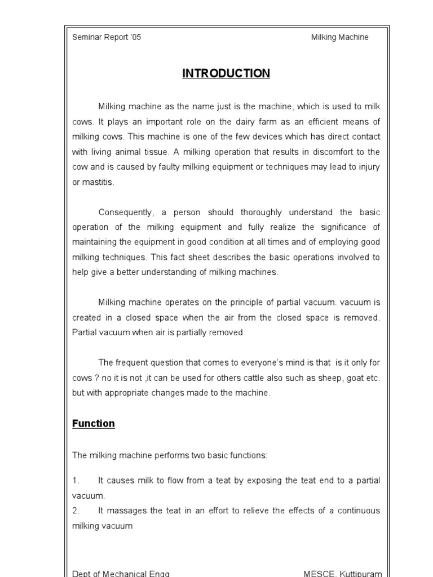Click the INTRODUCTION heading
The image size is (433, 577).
click(226, 74)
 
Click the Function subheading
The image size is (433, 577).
click(94, 424)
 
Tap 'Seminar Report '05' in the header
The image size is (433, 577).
click(107, 37)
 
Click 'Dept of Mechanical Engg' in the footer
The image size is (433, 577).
click(121, 573)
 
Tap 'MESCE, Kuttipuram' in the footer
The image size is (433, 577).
click(342, 573)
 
